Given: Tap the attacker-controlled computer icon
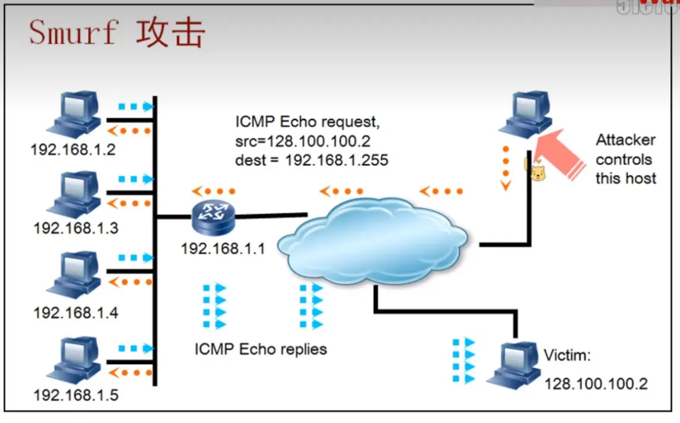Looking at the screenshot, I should point(524,114).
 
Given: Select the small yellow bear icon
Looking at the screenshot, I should point(537,173).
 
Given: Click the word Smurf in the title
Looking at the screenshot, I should point(73,32).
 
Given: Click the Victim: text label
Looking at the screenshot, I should point(567,356).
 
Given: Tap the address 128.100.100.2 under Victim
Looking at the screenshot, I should point(596,384).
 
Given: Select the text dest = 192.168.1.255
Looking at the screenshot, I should point(312,160).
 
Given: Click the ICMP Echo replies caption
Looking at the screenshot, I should point(261,349).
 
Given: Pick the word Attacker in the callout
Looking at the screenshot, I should point(626,140).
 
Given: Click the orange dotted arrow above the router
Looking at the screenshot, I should point(214,192).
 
